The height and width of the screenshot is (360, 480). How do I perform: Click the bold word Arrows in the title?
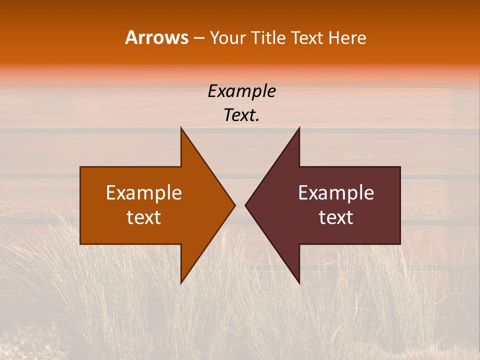(156, 37)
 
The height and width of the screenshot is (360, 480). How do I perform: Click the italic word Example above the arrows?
(241, 91)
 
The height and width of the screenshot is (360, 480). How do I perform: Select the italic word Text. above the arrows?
(241, 115)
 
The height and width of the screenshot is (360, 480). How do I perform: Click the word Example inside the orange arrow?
(143, 192)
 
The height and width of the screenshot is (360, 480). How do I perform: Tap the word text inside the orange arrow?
(143, 217)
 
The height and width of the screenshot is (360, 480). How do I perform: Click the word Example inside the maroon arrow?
(336, 192)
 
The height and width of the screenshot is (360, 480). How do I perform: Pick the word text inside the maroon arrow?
(336, 217)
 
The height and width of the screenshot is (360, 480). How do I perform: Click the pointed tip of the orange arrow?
(234, 205)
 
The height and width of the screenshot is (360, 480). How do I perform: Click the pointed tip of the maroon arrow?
(245, 205)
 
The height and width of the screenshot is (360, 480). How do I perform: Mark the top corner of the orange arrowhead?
(181, 128)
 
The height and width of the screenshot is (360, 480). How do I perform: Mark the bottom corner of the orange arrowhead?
(181, 282)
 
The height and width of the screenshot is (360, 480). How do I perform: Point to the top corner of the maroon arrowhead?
(299, 128)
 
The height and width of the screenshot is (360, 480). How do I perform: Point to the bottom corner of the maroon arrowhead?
(299, 282)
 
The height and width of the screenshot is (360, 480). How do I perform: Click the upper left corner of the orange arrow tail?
(80, 167)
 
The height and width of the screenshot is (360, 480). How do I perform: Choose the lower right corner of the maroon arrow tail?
(400, 243)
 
